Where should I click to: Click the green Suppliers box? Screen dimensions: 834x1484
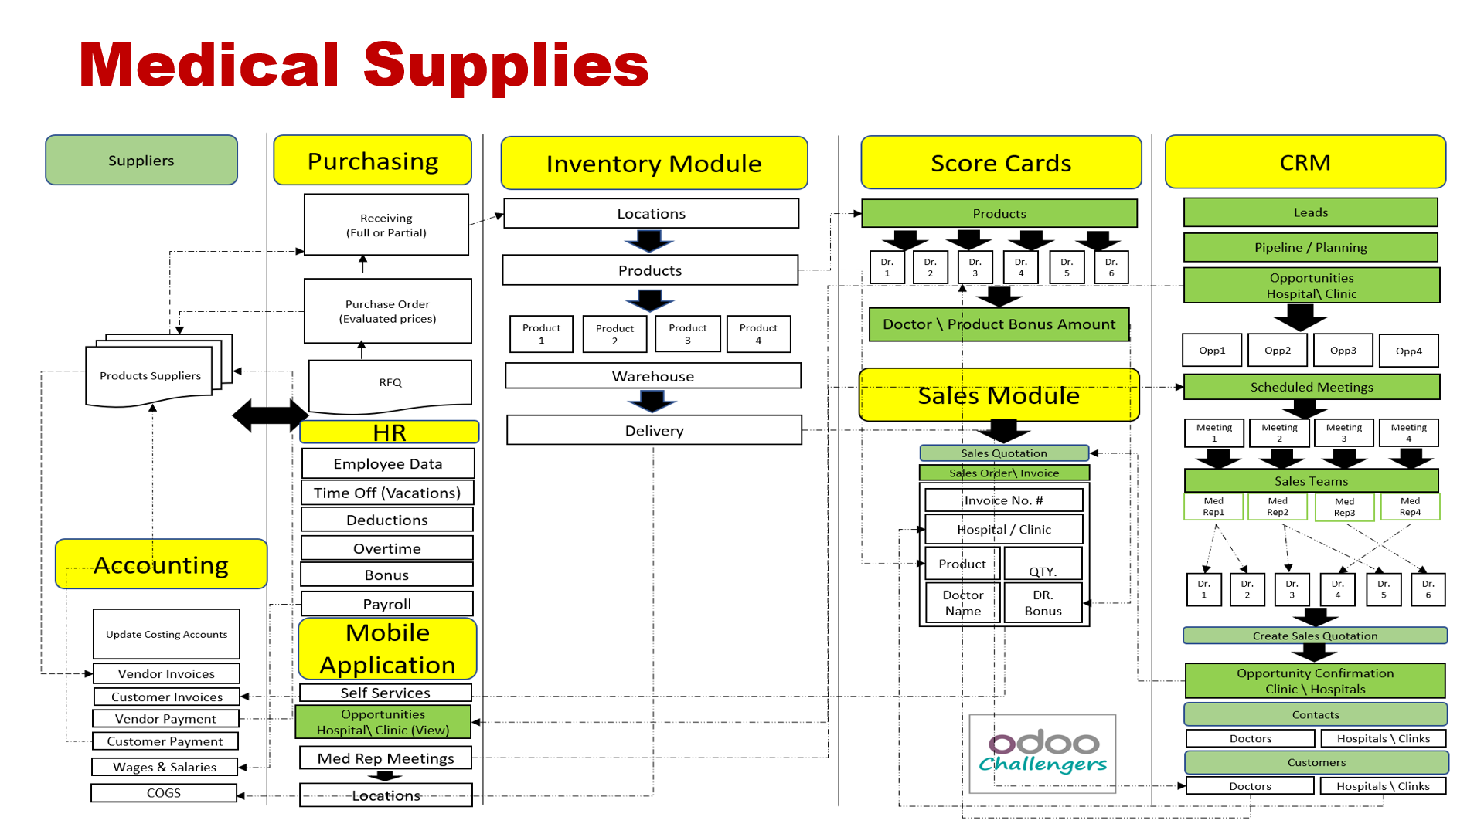point(141,161)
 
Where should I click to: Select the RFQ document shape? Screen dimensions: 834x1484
point(390,383)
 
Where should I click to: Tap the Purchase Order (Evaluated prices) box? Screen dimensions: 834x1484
point(387,311)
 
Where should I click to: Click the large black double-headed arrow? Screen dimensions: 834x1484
point(270,415)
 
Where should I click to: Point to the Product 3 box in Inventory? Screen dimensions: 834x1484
point(687,334)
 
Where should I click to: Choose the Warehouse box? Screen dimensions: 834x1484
point(653,376)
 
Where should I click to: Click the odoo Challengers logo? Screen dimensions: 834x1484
point(1042,754)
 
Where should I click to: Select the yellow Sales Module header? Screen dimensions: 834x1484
point(999,395)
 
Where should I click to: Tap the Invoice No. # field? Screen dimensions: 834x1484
point(1003,500)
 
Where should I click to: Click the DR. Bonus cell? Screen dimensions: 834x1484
point(1043,602)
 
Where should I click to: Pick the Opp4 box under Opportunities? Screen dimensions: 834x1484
point(1408,351)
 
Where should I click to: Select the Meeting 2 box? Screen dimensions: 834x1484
point(1279,432)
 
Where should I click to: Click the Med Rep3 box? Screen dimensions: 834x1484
point(1344,507)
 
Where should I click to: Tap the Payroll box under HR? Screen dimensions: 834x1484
point(387,604)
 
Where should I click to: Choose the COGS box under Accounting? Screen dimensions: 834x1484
point(164,793)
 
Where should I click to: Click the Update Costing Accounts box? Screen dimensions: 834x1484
point(166,634)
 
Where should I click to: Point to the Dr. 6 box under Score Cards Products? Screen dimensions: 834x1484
point(1111,267)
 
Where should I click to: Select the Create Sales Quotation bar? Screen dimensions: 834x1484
point(1315,636)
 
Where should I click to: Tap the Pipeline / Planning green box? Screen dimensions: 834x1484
point(1310,247)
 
